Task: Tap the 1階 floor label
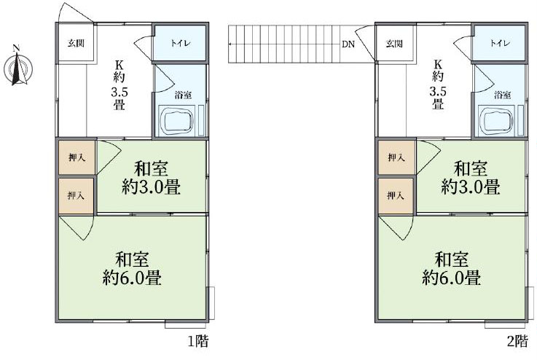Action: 198,341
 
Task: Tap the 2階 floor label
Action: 517,341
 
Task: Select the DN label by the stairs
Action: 348,44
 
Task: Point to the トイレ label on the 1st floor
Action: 181,44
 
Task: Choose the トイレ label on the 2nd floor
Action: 500,44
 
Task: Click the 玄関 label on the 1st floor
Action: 76,44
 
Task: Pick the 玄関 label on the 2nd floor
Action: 394,44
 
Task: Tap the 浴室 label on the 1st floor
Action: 183,95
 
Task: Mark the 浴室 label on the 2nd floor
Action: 503,95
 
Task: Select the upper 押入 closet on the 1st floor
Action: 77,157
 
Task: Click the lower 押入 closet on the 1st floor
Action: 76,195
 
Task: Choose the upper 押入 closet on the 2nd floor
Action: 396,157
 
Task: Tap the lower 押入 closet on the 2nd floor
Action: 395,195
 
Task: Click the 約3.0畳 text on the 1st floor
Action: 151,187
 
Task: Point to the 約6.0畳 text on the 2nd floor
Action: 451,278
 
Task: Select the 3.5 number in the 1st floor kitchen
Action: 119,92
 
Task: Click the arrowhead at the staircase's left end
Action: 230,44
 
